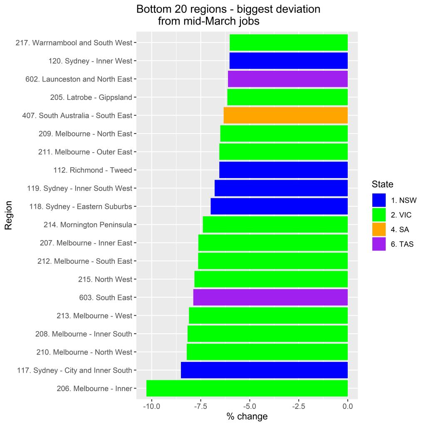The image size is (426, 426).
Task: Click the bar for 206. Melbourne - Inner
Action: click(247, 389)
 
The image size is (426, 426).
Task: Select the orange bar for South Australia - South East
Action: click(285, 115)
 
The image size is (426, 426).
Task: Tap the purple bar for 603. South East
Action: click(270, 297)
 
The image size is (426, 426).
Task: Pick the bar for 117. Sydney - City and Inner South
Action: click(264, 370)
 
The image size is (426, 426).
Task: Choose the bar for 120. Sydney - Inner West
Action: click(288, 61)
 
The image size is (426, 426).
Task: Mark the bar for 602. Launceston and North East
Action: click(287, 79)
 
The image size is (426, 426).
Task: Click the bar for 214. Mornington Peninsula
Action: click(275, 225)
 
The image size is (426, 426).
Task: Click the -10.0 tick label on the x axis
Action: click(151, 406)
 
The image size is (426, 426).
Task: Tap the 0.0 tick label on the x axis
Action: click(347, 406)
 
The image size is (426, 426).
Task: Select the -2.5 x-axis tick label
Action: click(298, 406)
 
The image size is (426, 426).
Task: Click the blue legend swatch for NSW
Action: click(379, 200)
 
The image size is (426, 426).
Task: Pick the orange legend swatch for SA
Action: click(379, 229)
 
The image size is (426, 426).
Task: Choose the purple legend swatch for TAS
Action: click(379, 244)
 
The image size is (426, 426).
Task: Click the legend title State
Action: click(382, 184)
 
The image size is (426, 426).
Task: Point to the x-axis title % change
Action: click(247, 416)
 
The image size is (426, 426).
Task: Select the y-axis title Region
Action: click(8, 215)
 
